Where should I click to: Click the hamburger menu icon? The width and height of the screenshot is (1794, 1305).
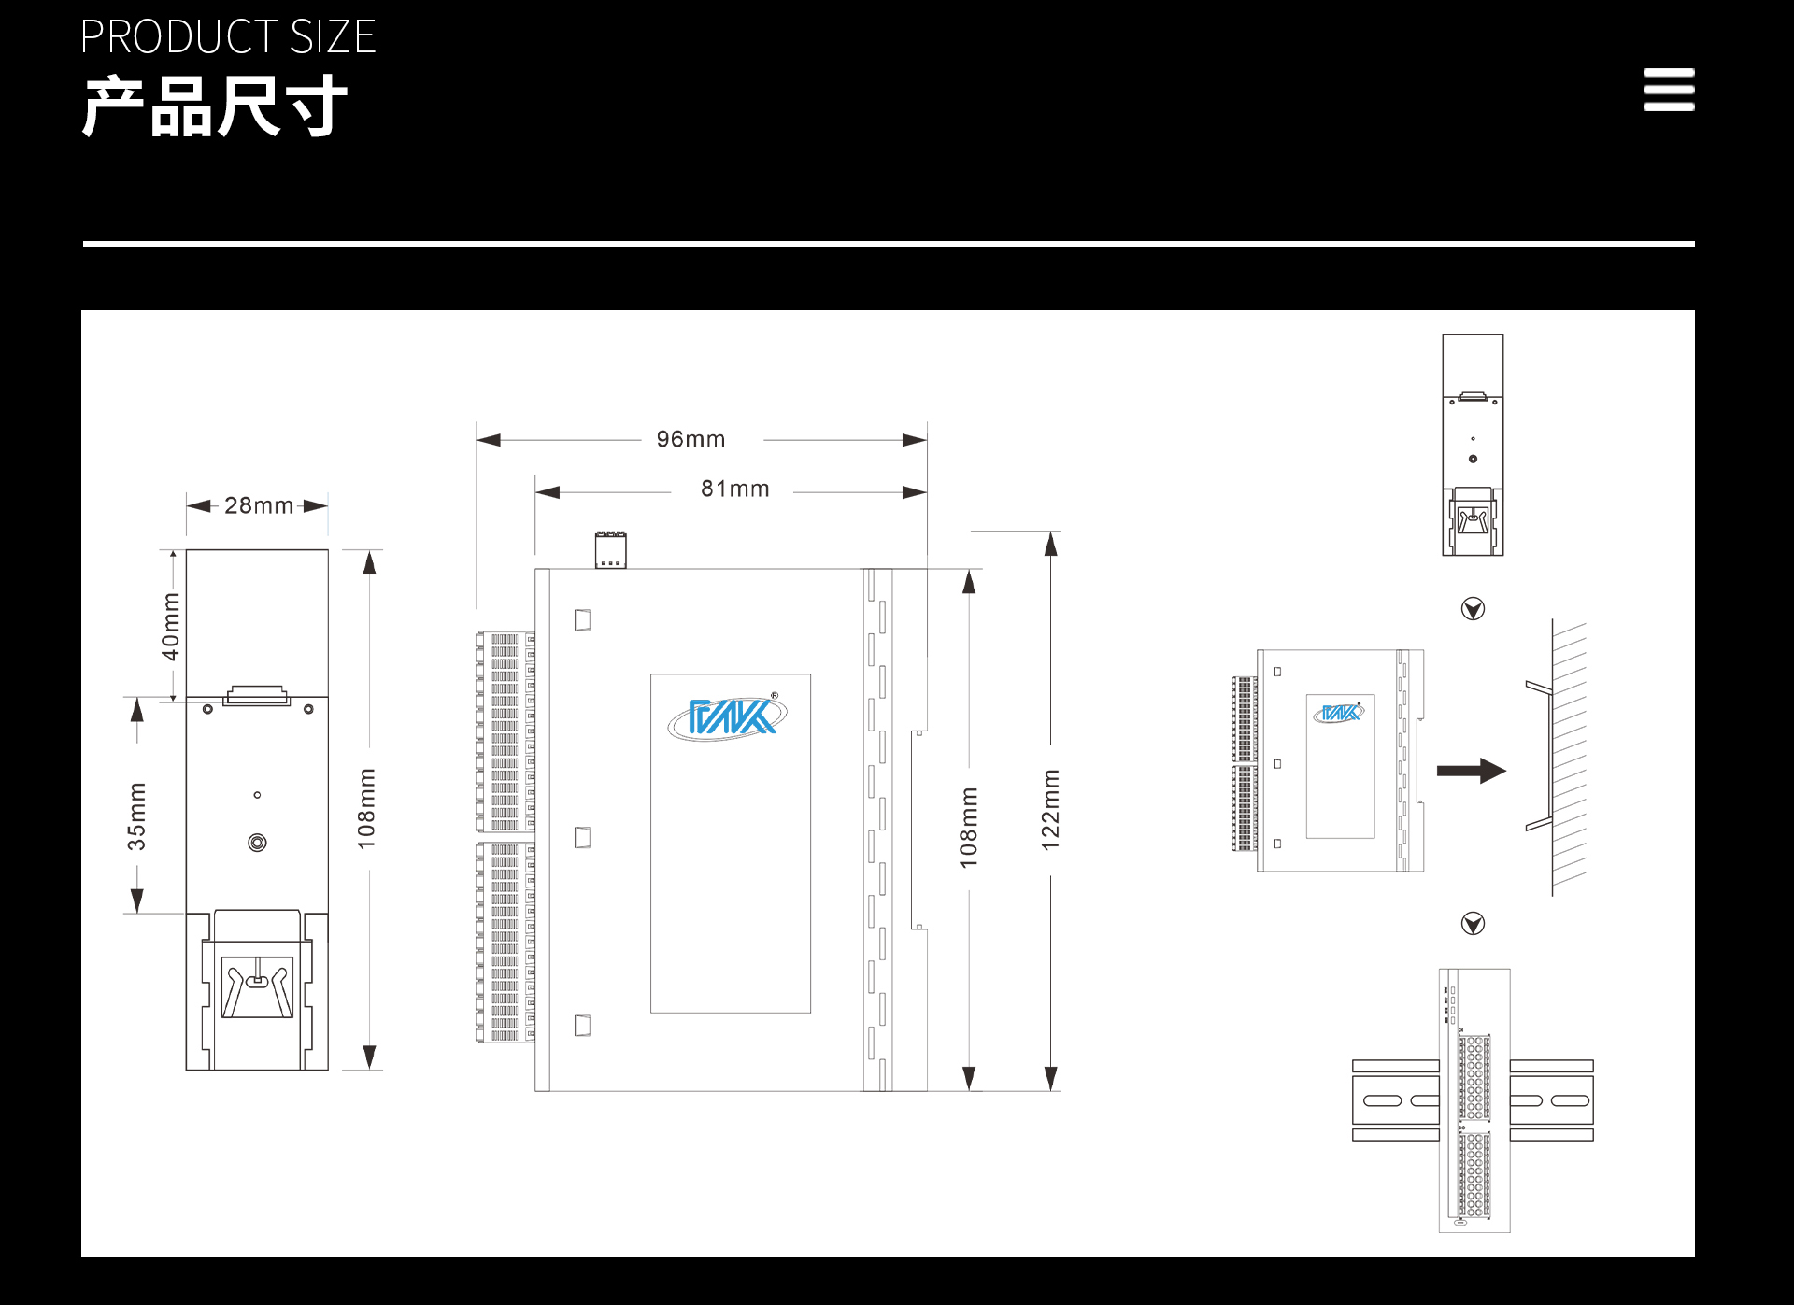[x=1669, y=90]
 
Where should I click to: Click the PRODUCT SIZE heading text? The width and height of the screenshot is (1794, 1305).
[x=228, y=37]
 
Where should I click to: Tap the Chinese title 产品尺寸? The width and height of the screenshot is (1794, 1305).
[x=215, y=106]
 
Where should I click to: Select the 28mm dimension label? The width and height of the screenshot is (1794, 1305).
[x=259, y=505]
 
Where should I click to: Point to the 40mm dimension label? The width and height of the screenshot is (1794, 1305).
[x=170, y=626]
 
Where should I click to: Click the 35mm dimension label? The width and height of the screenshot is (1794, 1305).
[x=136, y=816]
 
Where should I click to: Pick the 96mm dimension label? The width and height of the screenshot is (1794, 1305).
[x=691, y=439]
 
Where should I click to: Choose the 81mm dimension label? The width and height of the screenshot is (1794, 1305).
[x=735, y=489]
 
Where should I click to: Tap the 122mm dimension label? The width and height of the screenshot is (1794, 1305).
[x=1051, y=810]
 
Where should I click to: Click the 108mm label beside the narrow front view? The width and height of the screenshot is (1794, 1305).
[x=366, y=809]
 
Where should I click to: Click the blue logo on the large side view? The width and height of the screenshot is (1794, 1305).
[x=728, y=716]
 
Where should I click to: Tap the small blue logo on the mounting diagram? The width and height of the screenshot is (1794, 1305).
[x=1339, y=713]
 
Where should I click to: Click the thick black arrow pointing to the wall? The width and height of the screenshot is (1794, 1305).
[x=1472, y=771]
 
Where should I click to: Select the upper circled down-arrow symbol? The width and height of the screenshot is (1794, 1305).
[x=1473, y=609]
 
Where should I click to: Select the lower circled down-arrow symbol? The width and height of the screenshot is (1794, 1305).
[x=1473, y=924]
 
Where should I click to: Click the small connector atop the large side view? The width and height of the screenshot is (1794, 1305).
[x=611, y=550]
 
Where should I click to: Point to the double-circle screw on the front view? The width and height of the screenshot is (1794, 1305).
[x=257, y=843]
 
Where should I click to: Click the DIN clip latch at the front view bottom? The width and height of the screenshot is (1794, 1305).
[x=257, y=986]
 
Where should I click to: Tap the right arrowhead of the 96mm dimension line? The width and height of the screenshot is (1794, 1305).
[x=915, y=440]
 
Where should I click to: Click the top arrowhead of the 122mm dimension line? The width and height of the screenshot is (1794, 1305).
[x=1051, y=544]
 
